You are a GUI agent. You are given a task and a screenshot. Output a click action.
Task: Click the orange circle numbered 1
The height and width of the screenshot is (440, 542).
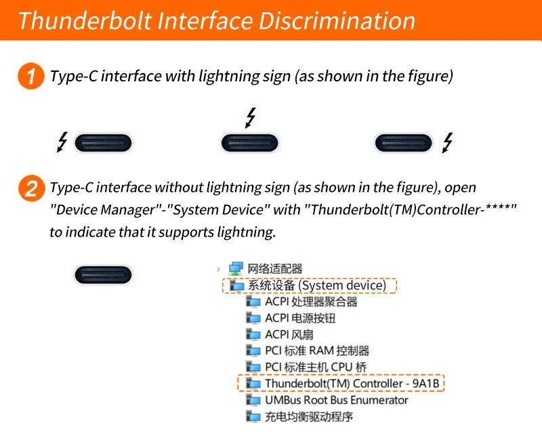point(30,76)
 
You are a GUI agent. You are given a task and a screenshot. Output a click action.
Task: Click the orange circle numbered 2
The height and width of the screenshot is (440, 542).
point(31,188)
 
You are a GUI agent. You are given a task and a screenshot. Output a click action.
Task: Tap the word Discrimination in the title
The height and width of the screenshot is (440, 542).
point(337,21)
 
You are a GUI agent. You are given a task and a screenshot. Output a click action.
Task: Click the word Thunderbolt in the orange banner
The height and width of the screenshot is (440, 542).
point(85,21)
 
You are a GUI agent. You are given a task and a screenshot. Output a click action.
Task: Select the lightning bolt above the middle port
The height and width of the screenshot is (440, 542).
point(251,117)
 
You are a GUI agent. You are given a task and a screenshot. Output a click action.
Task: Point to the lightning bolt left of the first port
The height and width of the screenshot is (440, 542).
point(62,142)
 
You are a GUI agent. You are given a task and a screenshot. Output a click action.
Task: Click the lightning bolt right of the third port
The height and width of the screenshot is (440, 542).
point(448,142)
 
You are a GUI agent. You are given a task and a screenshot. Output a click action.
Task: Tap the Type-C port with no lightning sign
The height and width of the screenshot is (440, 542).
point(103,275)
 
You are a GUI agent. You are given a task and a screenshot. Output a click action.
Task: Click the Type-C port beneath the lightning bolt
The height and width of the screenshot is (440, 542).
point(249,143)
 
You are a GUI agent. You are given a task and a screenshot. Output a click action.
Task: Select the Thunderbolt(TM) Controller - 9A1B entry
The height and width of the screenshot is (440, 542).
point(352,383)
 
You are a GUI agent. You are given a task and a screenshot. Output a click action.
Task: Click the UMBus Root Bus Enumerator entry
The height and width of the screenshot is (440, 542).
point(336,400)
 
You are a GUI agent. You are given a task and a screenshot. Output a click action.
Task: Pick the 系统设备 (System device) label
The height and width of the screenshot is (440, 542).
point(317,285)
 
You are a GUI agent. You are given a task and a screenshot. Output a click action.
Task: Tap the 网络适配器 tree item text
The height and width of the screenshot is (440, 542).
point(275,268)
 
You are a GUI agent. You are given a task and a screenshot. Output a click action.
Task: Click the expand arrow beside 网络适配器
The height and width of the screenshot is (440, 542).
point(218,268)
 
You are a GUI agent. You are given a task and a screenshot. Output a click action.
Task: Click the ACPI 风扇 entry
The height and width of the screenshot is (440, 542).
point(289,334)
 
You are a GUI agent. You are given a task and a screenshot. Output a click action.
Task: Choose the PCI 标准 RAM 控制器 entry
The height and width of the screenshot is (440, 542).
point(317,351)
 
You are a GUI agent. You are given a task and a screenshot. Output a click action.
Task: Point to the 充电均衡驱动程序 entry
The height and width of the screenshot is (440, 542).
point(309,416)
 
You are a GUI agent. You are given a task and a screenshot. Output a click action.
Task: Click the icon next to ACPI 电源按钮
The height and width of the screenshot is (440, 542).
point(253,317)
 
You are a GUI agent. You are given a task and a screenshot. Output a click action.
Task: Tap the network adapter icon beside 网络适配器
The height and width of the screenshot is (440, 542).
point(236,268)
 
